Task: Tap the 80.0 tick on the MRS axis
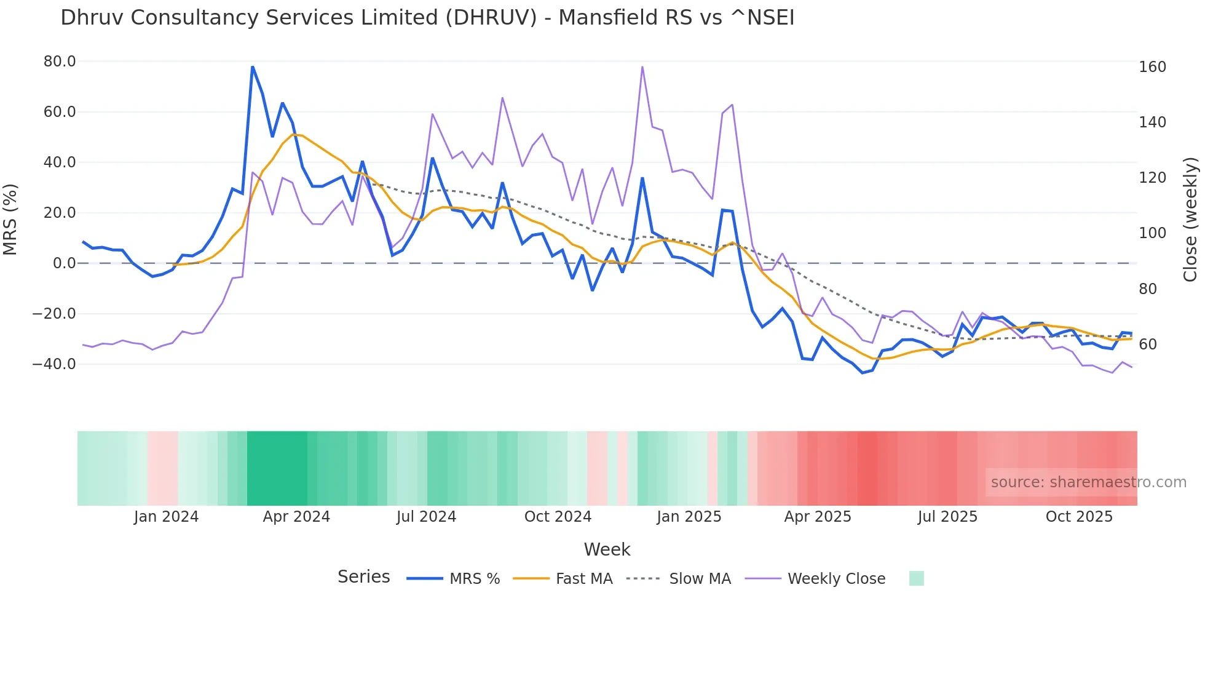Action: click(x=60, y=62)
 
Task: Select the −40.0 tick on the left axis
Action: click(x=54, y=364)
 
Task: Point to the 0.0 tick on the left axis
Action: click(x=64, y=263)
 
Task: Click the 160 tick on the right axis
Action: click(x=1152, y=67)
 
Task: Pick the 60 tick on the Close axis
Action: click(x=1148, y=345)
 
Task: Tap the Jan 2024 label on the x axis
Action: click(x=166, y=517)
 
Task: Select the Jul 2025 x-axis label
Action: click(x=947, y=517)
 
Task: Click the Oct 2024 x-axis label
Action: click(x=558, y=517)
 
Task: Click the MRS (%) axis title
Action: click(x=10, y=220)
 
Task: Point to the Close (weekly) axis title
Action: click(x=1190, y=220)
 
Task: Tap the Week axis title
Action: click(x=607, y=549)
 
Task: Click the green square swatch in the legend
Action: click(x=916, y=579)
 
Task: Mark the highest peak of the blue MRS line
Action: click(x=253, y=67)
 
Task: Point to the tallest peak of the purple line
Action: click(x=642, y=67)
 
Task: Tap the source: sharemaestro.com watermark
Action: click(x=1088, y=482)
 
